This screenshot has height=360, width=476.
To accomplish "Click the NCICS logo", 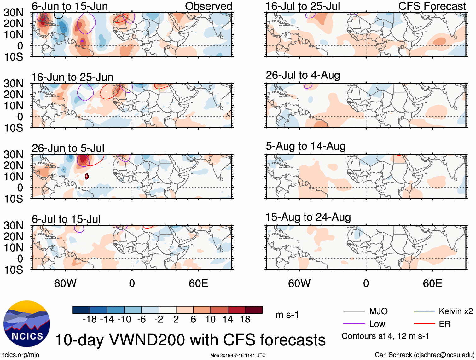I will point(27,324).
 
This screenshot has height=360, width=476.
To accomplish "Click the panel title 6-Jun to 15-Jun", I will point(70,6).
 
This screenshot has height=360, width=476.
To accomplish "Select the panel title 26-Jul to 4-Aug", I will point(303,75).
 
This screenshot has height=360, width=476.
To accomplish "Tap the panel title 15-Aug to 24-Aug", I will point(308,217).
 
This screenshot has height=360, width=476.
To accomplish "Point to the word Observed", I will point(208,6).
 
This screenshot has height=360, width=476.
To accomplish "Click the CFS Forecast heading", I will point(432,6).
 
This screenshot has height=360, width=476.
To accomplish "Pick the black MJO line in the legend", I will point(354,311).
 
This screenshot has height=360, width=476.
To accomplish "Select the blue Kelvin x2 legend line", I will point(424,311).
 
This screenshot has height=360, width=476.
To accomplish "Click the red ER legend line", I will point(424,324).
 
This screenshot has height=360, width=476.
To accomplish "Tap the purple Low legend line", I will point(354,324).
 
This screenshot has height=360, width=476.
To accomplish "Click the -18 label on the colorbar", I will point(90,319).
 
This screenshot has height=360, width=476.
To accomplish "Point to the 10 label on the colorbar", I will point(210,319).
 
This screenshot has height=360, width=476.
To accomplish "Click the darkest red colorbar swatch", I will point(254,310).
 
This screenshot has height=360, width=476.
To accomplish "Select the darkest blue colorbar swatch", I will point(81,310).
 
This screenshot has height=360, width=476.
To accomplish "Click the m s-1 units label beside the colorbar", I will point(287,315).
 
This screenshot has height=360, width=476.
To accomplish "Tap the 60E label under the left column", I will point(198,283).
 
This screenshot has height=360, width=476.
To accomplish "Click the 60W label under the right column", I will point(299,283).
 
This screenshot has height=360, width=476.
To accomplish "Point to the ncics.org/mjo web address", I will point(20,355).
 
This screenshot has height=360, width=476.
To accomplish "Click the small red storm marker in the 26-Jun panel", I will point(87,177).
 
